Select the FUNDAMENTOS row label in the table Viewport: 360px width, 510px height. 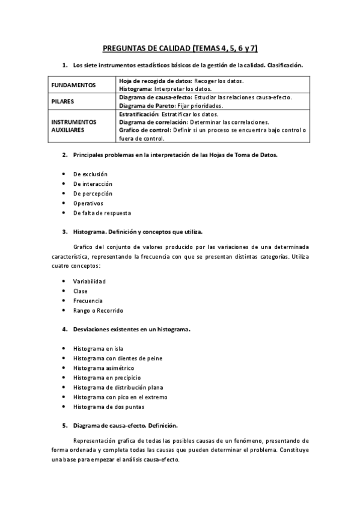tap(74, 85)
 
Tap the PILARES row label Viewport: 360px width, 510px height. tap(63, 102)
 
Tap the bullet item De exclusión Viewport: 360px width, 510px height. tap(90, 174)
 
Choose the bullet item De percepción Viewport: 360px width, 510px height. tap(93, 194)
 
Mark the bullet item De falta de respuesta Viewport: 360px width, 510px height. tap(102, 213)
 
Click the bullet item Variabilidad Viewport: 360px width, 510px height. tap(90, 281)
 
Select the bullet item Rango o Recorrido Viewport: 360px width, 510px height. tap(98, 310)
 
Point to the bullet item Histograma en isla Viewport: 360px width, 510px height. tap(99, 349)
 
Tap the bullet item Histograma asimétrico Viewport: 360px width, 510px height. tap(103, 368)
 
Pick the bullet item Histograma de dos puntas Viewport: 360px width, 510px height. tap(108, 407)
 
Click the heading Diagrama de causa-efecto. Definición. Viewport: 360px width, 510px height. tap(125, 426)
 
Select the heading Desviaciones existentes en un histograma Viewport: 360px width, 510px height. tap(132, 330)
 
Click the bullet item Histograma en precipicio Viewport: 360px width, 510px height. tap(104, 378)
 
